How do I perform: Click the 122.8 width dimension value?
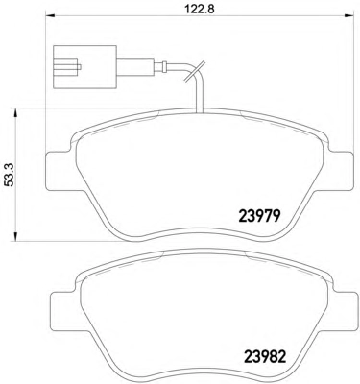(200, 8)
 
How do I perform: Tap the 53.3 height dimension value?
(11, 175)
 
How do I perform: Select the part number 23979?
(259, 217)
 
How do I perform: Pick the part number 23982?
(265, 356)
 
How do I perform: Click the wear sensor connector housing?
(84, 67)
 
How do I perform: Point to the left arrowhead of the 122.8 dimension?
(51, 15)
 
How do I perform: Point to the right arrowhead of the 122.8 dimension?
(349, 15)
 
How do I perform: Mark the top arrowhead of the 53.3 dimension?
(14, 113)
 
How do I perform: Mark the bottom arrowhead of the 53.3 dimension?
(14, 236)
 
